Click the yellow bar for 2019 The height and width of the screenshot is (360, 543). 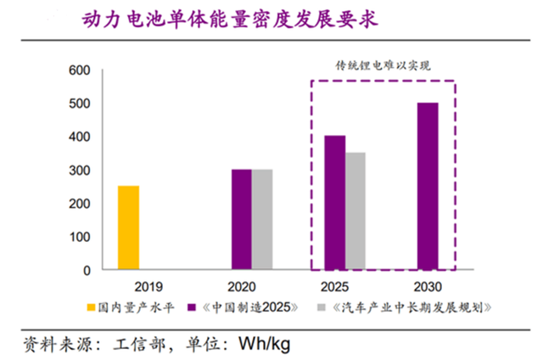coord(128,228)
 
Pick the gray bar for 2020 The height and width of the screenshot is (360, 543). coord(262,219)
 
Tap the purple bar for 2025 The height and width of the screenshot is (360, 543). coord(334,202)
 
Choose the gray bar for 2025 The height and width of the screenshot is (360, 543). coord(355,211)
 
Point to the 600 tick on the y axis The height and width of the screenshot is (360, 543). coord(77,70)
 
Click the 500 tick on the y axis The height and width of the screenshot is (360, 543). coord(77,104)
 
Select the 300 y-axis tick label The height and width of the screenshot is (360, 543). coord(77,171)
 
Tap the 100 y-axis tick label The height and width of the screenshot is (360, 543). coord(77,237)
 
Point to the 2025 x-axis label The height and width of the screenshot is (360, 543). coord(344,287)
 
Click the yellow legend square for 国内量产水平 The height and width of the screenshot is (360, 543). coord(91,307)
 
